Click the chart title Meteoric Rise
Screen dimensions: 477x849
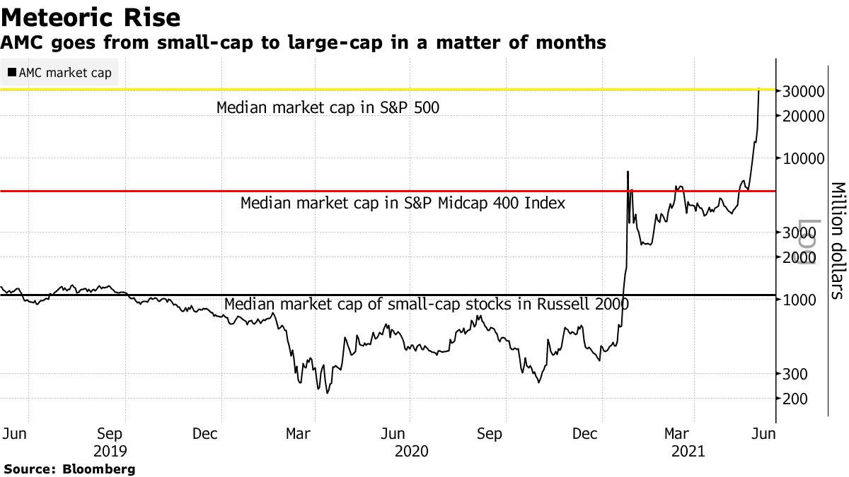91,16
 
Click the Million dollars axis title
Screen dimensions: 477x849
838,240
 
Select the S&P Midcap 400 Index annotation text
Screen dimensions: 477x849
403,204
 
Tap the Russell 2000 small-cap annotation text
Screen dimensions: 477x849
426,305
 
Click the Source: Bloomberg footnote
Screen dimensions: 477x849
69,469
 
